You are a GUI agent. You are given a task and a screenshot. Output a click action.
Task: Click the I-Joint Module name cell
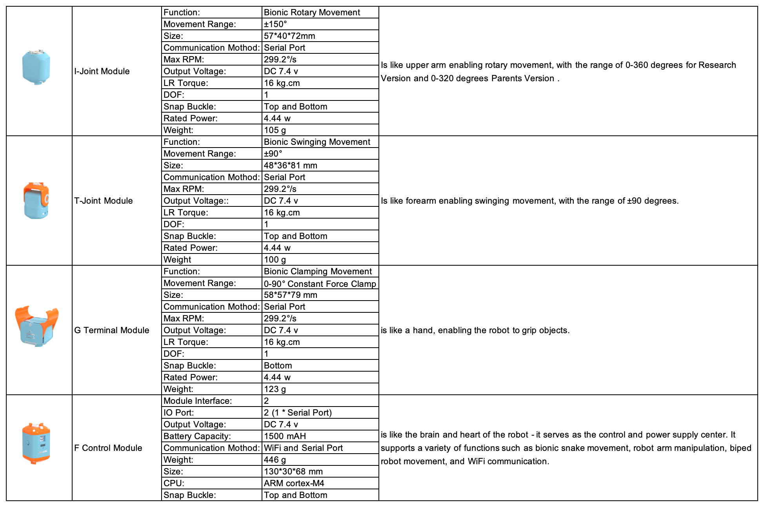(102, 71)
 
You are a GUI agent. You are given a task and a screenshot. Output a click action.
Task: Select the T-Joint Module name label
(104, 201)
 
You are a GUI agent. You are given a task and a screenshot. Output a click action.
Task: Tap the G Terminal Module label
(112, 330)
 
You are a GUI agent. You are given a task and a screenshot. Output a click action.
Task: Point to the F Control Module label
(108, 448)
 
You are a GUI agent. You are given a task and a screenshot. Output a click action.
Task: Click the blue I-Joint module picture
(36, 67)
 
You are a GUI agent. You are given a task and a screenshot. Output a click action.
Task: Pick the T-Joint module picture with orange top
(36, 201)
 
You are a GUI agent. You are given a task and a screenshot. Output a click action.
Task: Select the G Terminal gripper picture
(37, 326)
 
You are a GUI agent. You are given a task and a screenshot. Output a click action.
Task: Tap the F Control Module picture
(36, 443)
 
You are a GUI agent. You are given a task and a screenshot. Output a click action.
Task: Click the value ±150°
(275, 24)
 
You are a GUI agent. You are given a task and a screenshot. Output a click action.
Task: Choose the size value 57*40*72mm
(289, 36)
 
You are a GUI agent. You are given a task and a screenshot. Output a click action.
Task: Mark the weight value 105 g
(275, 130)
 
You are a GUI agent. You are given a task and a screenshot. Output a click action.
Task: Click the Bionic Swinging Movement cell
(317, 142)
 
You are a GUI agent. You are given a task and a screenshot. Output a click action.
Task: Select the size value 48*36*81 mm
(291, 166)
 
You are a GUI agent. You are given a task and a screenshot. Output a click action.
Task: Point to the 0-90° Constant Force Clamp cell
(320, 284)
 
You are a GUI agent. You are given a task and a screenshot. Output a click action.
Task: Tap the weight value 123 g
(275, 389)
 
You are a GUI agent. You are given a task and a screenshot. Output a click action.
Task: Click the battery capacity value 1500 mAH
(285, 436)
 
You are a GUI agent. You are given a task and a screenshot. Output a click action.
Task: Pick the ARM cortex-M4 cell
(294, 483)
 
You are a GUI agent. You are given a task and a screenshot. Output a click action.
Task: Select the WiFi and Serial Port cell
(303, 448)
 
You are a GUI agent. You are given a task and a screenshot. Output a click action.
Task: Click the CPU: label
(174, 483)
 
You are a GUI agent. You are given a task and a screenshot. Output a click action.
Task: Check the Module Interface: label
(198, 401)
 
